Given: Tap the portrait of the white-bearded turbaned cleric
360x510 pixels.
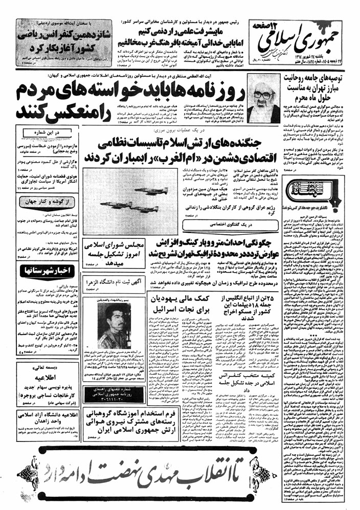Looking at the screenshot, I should pos(266,97).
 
